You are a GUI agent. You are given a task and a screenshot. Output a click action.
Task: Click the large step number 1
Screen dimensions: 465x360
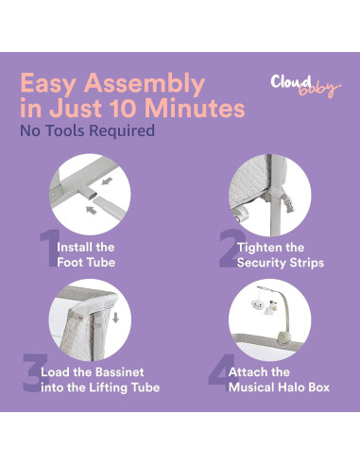(x=45, y=250)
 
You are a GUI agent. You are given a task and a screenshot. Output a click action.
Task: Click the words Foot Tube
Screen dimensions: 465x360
(x=87, y=262)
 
